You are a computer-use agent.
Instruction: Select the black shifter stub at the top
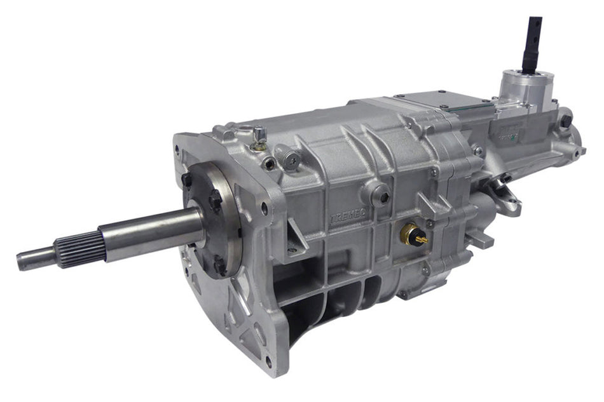[532, 44]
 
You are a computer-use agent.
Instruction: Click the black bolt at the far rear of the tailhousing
[565, 120]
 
